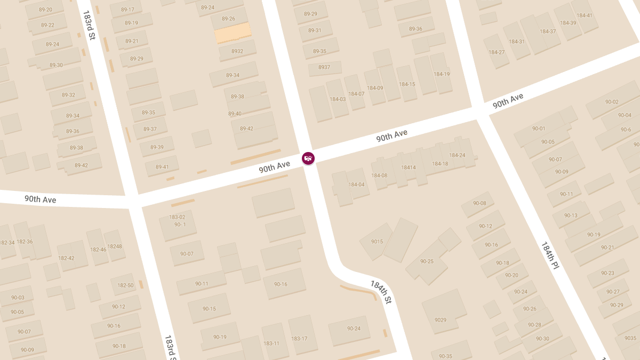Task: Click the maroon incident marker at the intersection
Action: (x=308, y=158)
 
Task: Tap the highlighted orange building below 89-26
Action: (x=233, y=33)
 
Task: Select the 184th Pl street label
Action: (x=550, y=255)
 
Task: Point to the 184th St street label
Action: (x=381, y=292)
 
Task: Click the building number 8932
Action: (x=237, y=51)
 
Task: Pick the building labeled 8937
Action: (x=324, y=67)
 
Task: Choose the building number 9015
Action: (x=377, y=242)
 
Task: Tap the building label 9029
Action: (x=441, y=320)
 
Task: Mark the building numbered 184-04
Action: (x=356, y=185)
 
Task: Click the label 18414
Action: (x=409, y=167)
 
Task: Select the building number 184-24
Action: (x=457, y=155)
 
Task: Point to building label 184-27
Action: (x=497, y=52)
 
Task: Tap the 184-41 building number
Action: (x=582, y=15)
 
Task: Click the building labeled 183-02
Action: (x=177, y=217)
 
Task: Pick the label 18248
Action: (x=115, y=246)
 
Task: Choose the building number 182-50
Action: (x=125, y=285)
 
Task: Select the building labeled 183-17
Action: (x=299, y=339)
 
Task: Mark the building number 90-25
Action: (x=427, y=261)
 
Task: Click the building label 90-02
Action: (x=612, y=102)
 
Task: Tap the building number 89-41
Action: (x=162, y=167)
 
